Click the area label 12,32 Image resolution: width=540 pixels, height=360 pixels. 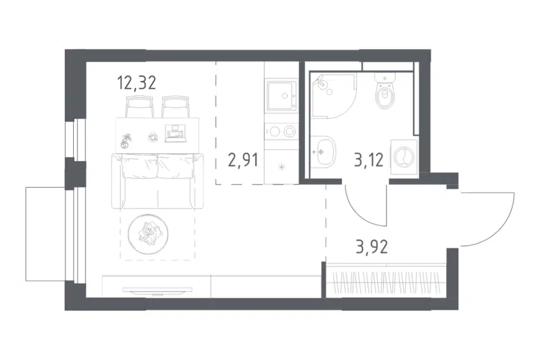137,83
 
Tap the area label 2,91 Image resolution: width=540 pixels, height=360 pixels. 243,160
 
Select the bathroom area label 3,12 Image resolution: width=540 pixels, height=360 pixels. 368,160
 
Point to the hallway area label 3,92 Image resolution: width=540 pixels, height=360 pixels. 372,247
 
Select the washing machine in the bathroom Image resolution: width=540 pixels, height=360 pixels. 404,157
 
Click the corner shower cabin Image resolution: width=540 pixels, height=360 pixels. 332,96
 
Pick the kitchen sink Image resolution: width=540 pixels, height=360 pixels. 281,96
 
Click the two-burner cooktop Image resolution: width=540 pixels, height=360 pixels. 281,131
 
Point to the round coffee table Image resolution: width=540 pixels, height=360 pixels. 148,234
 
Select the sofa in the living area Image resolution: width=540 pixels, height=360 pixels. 157,181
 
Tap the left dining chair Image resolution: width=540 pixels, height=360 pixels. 139,107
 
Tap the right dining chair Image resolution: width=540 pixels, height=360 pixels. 175,107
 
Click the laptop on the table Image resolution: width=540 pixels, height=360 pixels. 176,134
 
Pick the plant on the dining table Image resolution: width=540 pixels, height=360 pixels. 125,140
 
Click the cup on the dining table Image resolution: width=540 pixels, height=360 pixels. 152,137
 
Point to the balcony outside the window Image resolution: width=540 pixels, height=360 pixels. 45,233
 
